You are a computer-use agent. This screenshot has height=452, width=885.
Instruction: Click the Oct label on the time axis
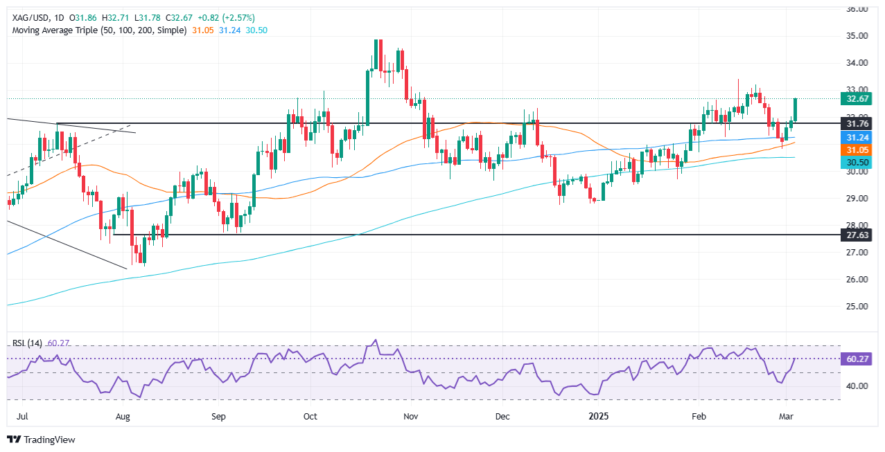[x=310, y=417]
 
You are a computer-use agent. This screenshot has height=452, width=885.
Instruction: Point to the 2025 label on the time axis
[x=597, y=417]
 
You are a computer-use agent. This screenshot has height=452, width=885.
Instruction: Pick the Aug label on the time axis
[x=123, y=417]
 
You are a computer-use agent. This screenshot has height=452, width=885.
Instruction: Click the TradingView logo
[x=42, y=440]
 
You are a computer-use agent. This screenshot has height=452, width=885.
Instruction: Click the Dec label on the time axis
[x=502, y=417]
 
